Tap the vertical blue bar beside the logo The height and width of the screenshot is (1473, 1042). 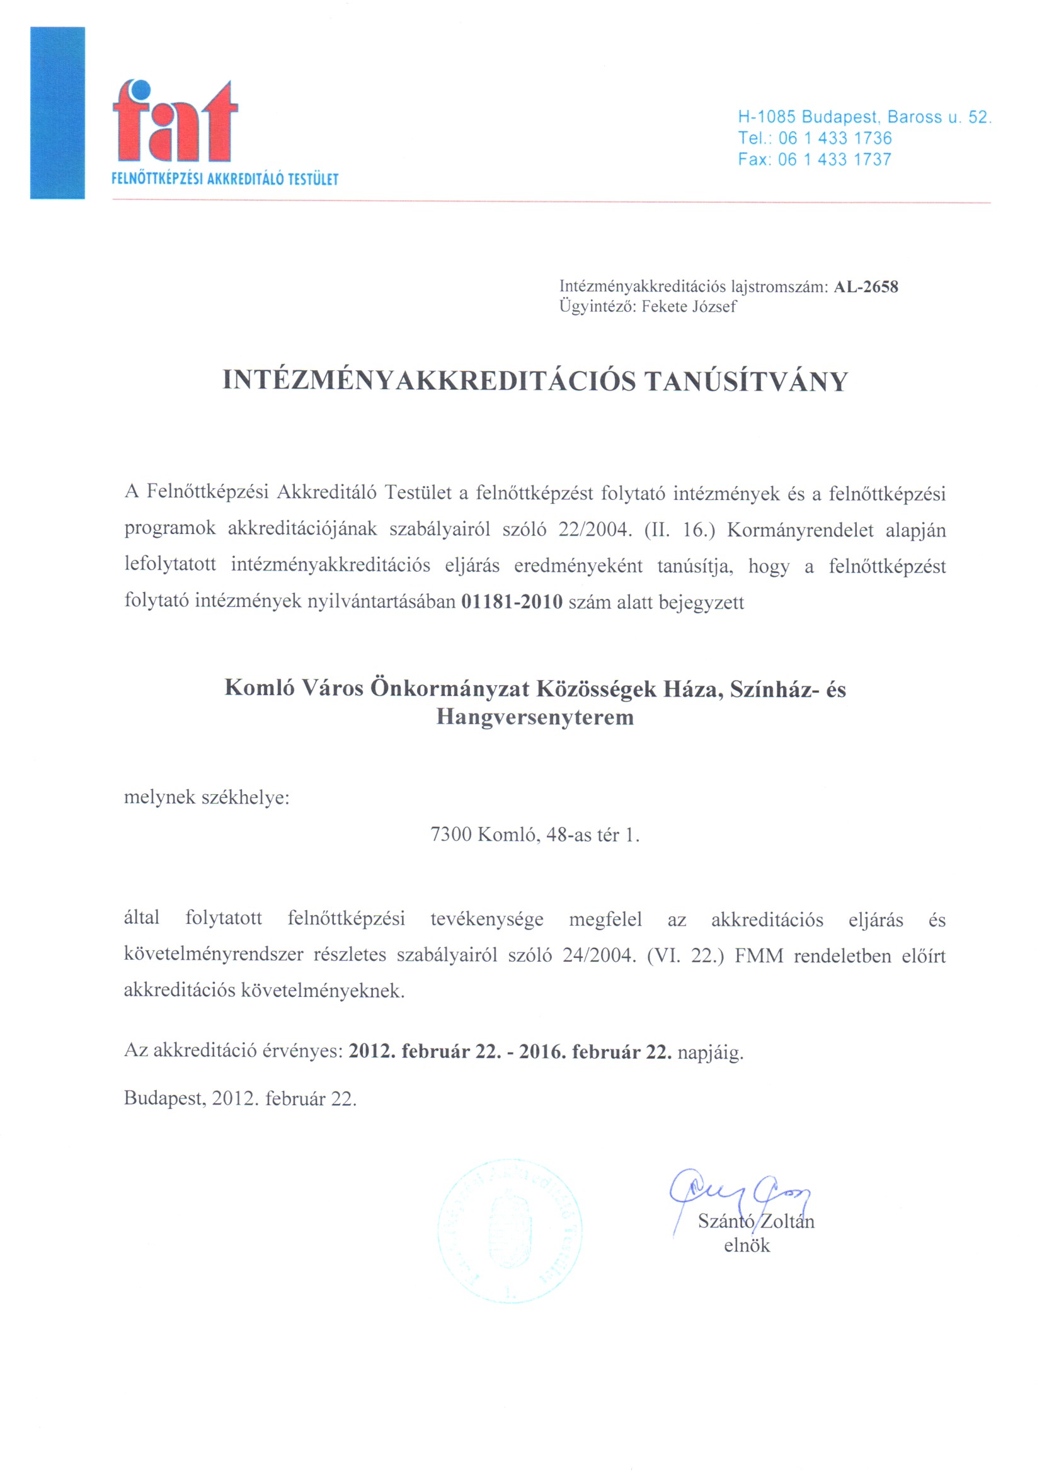[x=57, y=113]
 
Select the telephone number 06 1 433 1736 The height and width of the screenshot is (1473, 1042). [x=835, y=138]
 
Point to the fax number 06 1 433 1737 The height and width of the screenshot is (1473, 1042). [x=834, y=159]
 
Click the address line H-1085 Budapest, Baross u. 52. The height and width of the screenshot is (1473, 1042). [x=864, y=117]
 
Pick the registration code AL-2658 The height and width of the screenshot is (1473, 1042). [x=866, y=287]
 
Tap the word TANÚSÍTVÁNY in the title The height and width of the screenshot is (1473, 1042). [x=746, y=381]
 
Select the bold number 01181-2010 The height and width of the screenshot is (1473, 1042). [x=512, y=602]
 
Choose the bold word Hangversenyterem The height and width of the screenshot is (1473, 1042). [x=534, y=717]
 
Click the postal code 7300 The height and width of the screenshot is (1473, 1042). [x=450, y=834]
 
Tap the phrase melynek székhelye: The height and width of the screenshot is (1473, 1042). [x=207, y=797]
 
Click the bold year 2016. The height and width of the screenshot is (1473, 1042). [x=541, y=1052]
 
